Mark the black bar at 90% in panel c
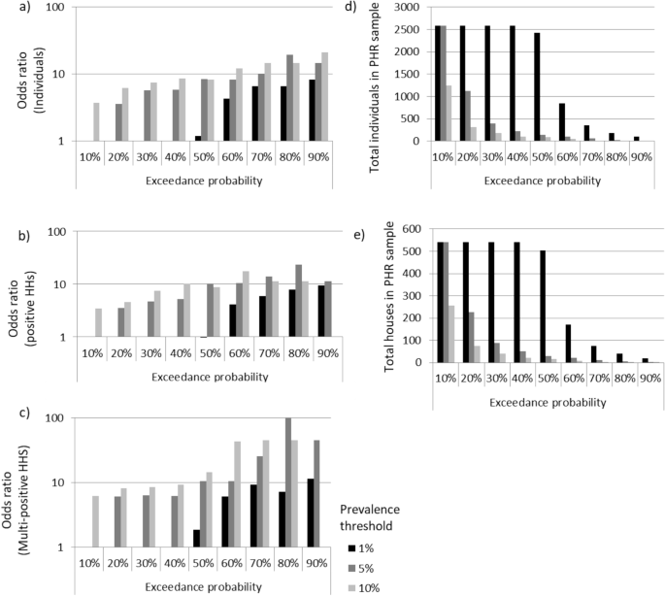[x=308, y=513]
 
